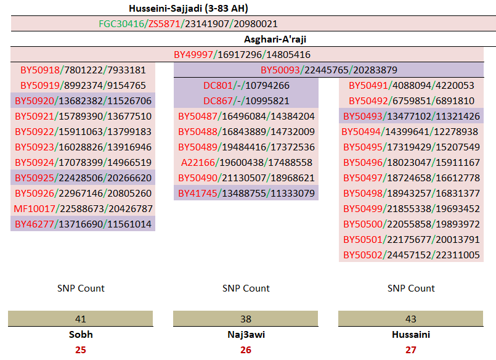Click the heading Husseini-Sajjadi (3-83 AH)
(x=189, y=8)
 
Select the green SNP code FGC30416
(x=121, y=24)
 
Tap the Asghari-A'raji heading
(x=280, y=39)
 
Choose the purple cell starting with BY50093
(x=328, y=70)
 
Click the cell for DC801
(x=246, y=86)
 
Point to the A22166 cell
(x=246, y=163)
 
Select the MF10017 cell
(x=83, y=209)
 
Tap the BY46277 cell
(x=83, y=224)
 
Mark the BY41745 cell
(x=246, y=194)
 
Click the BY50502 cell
(x=411, y=255)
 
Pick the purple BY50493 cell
(x=411, y=117)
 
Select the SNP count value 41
(x=81, y=319)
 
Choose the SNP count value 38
(x=246, y=319)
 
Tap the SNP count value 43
(x=411, y=319)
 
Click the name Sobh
(x=81, y=335)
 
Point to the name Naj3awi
(x=246, y=335)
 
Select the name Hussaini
(x=411, y=335)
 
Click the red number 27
(x=411, y=350)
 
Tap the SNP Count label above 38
(x=246, y=288)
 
